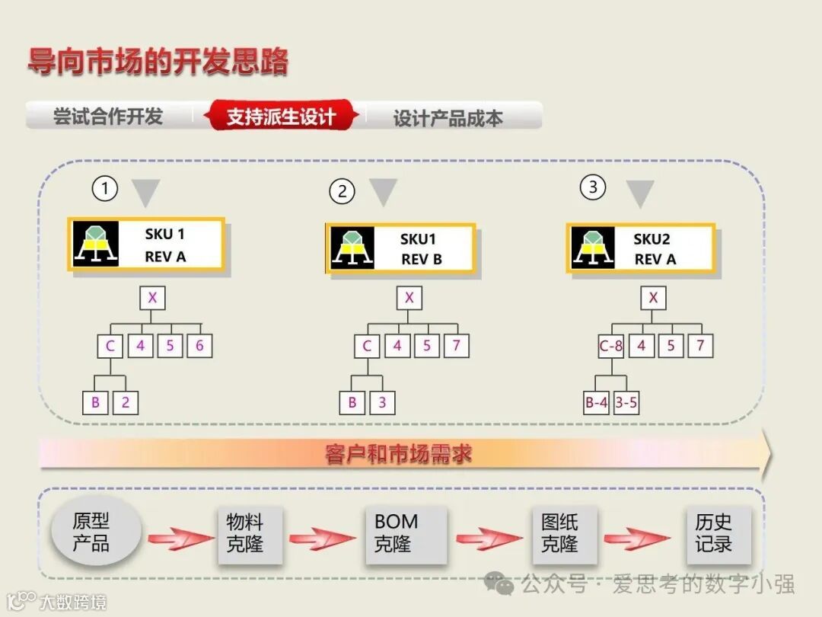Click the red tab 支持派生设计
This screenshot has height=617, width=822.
[x=281, y=117]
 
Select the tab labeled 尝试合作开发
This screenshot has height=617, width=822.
[x=108, y=117]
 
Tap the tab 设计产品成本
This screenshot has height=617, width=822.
[x=448, y=118]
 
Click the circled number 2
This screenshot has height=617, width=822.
[x=342, y=191]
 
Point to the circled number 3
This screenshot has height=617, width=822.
[x=593, y=187]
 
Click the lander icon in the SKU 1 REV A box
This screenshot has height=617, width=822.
[x=95, y=245]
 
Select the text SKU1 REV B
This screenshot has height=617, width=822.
[x=421, y=249]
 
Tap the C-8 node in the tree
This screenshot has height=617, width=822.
[x=611, y=347]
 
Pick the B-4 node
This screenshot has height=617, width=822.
[x=596, y=403]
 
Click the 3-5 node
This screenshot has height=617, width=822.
[x=626, y=403]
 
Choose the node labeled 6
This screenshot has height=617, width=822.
[x=199, y=346]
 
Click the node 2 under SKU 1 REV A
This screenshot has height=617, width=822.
[x=126, y=402]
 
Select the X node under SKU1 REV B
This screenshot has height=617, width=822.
[x=409, y=298]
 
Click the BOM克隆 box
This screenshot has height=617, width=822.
[x=397, y=533]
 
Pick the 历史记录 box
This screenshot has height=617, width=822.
[x=714, y=533]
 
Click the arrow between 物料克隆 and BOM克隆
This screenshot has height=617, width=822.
[x=322, y=539]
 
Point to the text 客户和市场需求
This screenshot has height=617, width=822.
[x=398, y=455]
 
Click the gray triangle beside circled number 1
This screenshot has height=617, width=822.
[x=145, y=190]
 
